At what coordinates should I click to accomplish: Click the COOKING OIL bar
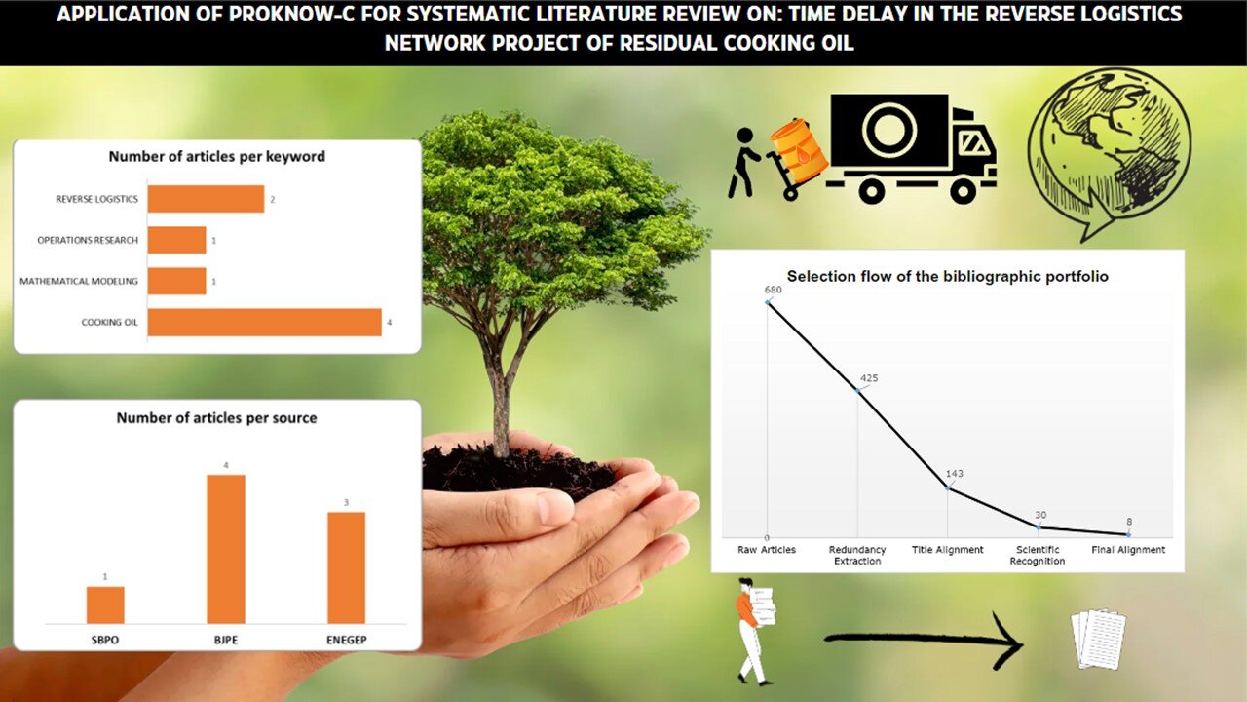[x=264, y=322]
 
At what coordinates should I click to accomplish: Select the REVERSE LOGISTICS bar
[x=206, y=199]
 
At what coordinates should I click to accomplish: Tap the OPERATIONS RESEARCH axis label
[x=88, y=240]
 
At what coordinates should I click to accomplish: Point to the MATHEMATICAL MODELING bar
[x=177, y=282]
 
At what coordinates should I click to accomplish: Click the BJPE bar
[x=225, y=549]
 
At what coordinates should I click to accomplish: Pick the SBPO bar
[x=105, y=605]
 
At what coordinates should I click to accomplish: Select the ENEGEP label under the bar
[x=346, y=640]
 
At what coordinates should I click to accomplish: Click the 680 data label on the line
[x=774, y=290]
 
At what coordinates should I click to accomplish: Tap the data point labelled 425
[x=858, y=391]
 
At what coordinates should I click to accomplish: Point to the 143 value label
[x=954, y=474]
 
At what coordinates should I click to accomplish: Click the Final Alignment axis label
[x=1128, y=550]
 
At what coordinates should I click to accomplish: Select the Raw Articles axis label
[x=767, y=550]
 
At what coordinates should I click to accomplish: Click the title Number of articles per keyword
[x=216, y=157]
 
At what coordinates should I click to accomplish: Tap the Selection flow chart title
[x=948, y=276]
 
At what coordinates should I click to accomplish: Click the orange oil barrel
[x=799, y=151]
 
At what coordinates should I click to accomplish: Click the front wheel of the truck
[x=964, y=191]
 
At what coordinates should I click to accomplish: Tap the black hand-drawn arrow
[x=925, y=641]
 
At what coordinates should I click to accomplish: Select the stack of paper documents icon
[x=1098, y=639]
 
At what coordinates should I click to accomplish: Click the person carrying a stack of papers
[x=755, y=632]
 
